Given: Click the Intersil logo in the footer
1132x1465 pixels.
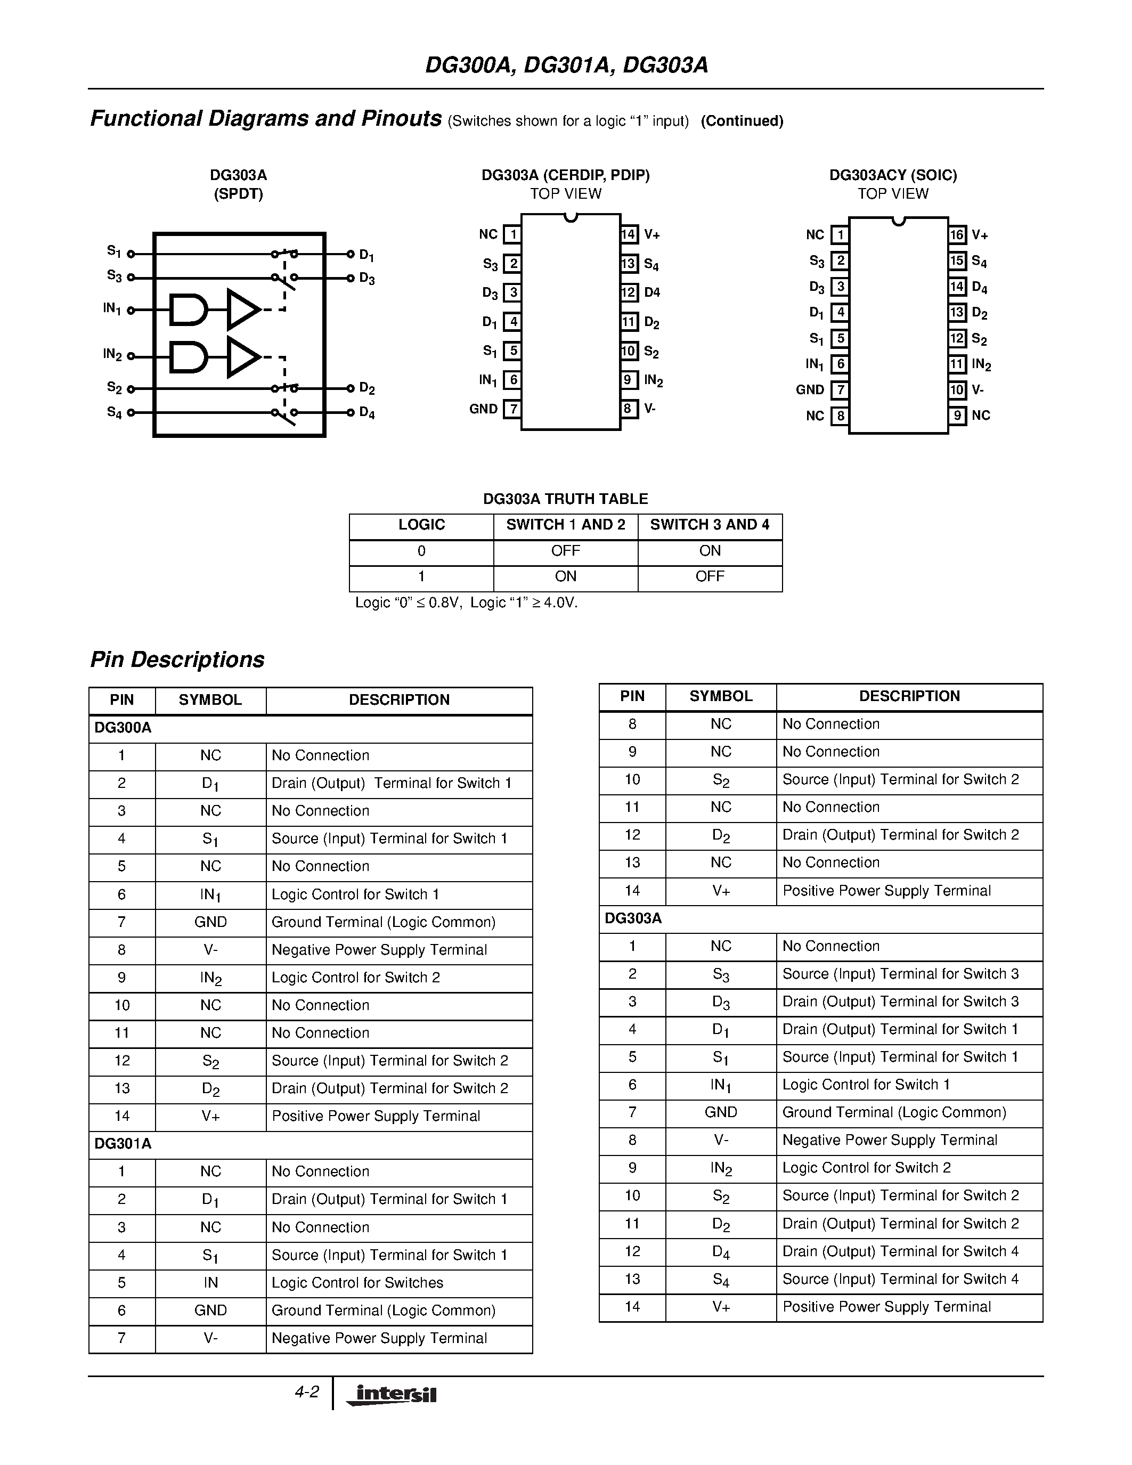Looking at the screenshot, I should pos(392,1395).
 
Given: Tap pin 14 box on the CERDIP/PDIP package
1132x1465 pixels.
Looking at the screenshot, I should pos(629,234).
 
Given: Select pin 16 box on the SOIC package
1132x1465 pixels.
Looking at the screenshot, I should pos(957,235).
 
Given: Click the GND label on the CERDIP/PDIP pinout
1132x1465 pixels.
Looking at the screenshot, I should pos(484,409).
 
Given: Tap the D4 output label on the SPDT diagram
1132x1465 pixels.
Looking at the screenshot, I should pos(367,412).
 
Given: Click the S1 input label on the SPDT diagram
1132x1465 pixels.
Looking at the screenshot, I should pos(114,251).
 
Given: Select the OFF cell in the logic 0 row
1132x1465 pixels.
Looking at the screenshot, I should pos(565,551).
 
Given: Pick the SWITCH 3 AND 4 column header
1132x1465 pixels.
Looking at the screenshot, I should pos(710,525).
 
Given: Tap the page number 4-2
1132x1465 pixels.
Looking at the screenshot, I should pos(306,1392).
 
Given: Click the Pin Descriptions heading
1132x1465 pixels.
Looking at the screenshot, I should pos(178,660).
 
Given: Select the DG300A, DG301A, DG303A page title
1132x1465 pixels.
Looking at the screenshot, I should pos(566,65).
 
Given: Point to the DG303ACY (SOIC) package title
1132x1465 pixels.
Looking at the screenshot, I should pos(893,175).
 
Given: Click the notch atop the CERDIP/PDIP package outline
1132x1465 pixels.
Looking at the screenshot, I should pos(571,217).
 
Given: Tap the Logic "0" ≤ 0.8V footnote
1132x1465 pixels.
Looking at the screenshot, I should pos(466,603).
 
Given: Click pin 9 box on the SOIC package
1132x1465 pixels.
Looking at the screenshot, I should pos(957,415).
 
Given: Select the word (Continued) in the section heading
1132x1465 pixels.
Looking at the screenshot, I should pos(742,121).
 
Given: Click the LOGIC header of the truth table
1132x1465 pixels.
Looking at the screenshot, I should pos(421,525).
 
